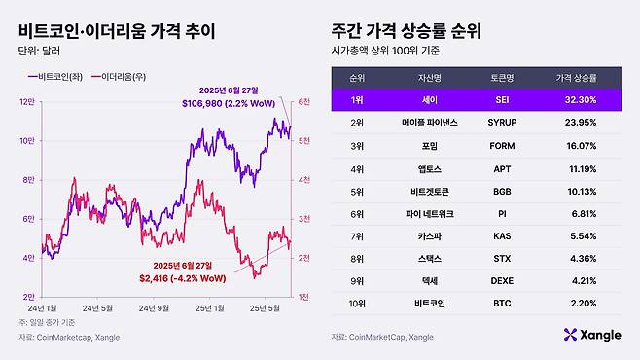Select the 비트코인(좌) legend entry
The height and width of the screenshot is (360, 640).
click(56, 74)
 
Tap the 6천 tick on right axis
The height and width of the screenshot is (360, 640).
click(302, 101)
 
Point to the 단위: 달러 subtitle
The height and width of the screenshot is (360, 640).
click(40, 52)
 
